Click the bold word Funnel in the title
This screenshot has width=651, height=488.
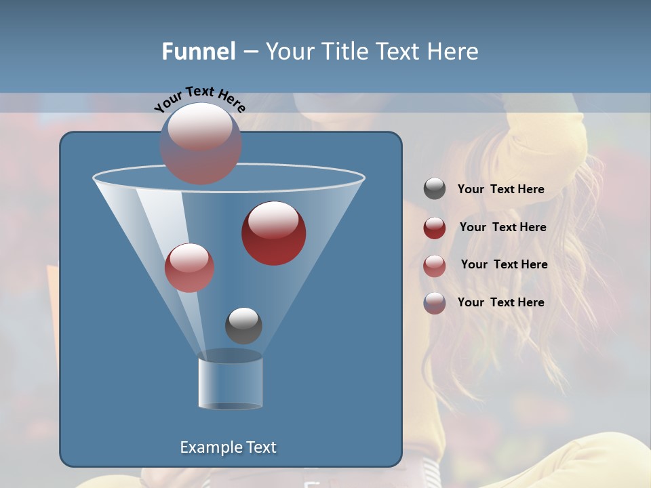click(198, 52)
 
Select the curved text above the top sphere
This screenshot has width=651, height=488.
click(199, 98)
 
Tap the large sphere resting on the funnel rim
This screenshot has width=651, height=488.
click(201, 144)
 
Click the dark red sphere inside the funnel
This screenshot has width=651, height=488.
click(273, 233)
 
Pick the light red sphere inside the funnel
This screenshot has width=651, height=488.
click(189, 267)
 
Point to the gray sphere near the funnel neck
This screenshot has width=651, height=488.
click(243, 325)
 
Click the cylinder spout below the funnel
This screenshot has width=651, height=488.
click(231, 383)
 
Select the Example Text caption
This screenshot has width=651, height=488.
click(228, 447)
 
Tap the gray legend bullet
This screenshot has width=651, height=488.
click(435, 189)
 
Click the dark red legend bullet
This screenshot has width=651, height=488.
click(435, 228)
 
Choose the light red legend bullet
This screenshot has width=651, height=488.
click(435, 265)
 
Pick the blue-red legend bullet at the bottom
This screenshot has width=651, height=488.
click(435, 303)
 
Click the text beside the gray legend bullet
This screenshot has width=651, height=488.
click(500, 189)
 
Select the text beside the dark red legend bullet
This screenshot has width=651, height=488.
click(502, 227)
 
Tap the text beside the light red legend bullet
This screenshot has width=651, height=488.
click(504, 264)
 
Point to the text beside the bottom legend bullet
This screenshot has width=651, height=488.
click(500, 302)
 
